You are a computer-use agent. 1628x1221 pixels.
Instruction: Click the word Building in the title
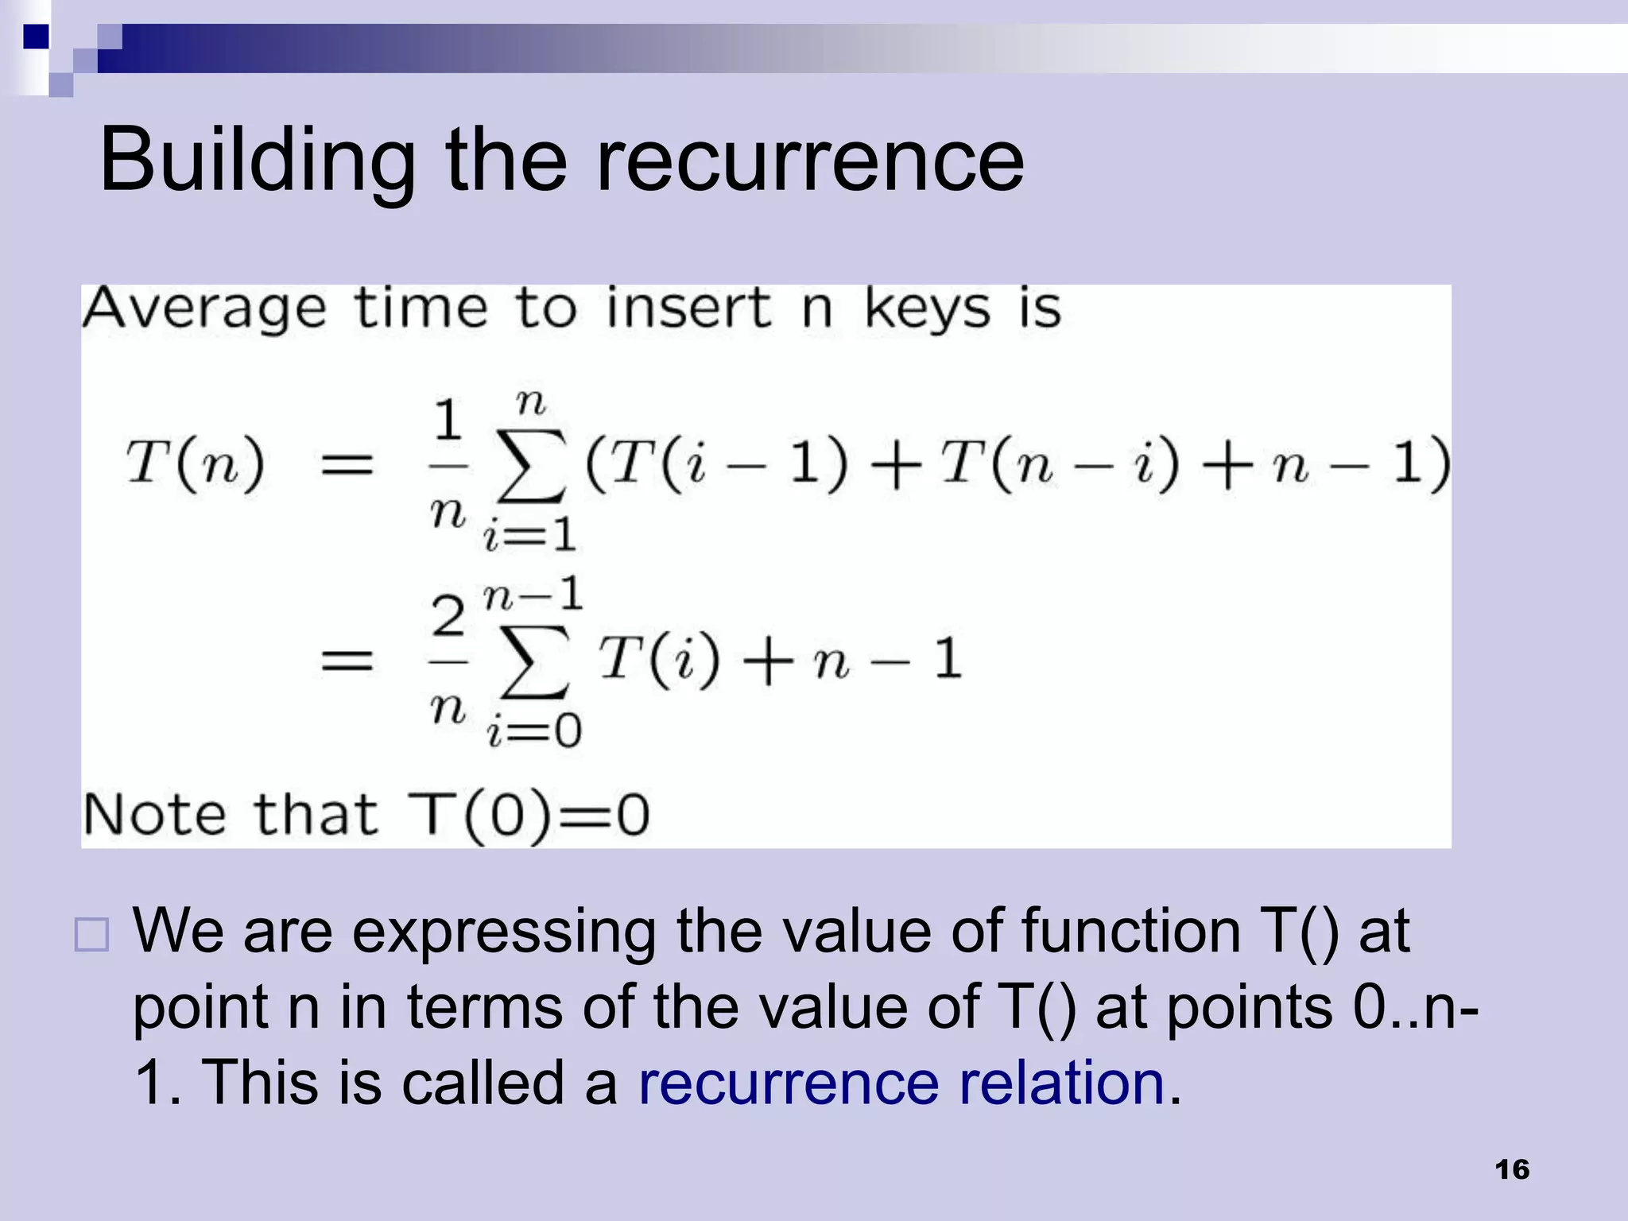(257, 161)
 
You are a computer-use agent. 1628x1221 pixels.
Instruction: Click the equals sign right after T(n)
(347, 465)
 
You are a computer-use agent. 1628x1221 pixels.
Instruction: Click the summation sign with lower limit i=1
(531, 467)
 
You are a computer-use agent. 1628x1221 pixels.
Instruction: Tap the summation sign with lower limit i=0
(534, 661)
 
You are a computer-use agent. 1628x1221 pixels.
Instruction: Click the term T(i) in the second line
(659, 660)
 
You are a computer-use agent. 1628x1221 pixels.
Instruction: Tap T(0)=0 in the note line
(529, 816)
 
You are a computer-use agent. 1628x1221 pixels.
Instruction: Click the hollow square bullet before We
(91, 935)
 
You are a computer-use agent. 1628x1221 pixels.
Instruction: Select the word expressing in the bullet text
(504, 932)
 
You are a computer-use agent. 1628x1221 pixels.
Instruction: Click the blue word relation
(1062, 1083)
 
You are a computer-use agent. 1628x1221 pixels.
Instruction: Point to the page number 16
(1511, 1170)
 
